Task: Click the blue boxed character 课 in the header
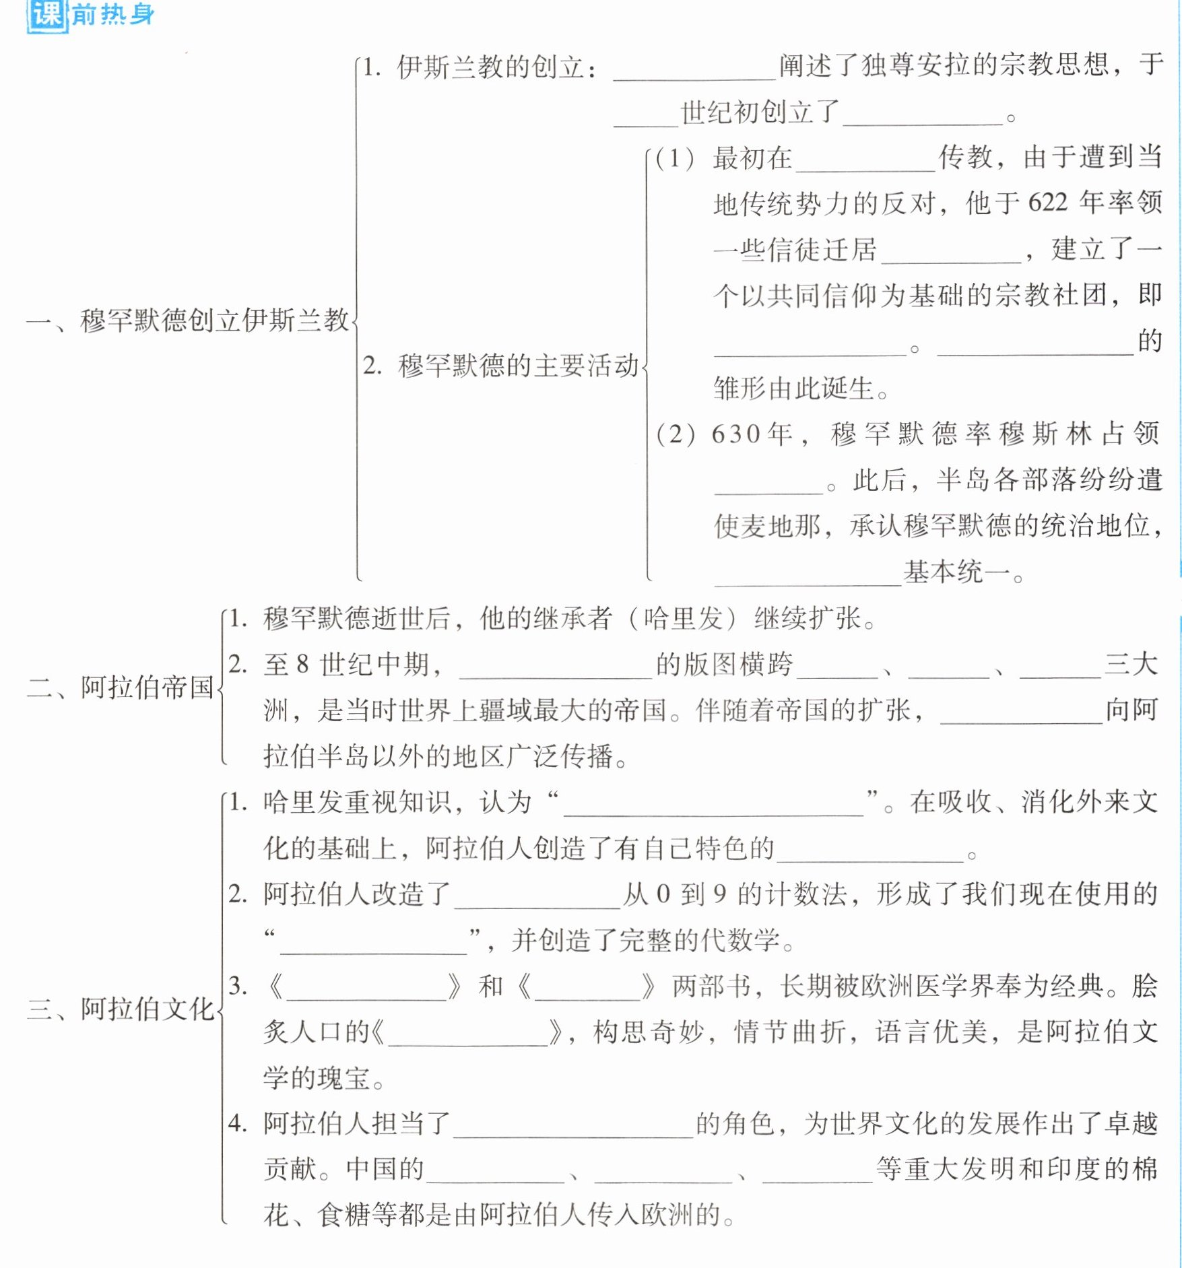point(47,15)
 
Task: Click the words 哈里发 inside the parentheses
point(682,618)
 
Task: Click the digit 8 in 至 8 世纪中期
point(302,665)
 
